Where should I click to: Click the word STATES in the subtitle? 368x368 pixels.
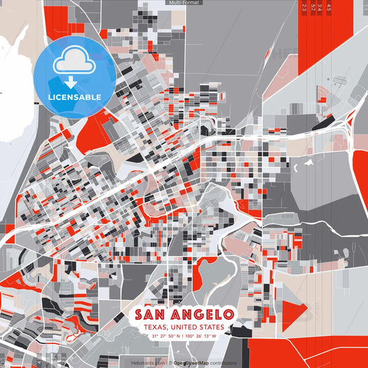coord(211,327)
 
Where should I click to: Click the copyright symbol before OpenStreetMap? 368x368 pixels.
coord(170,362)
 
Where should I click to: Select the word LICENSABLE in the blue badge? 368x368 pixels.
coord(75,97)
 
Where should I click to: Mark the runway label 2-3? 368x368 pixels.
coord(304,8)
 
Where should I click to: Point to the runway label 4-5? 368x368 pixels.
coord(329,8)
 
